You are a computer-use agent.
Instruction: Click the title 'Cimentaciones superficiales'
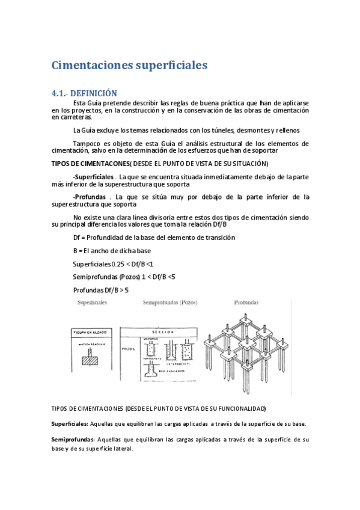pos(129,64)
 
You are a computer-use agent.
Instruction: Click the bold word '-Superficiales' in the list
pos(94,177)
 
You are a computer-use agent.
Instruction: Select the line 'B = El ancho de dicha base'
pos(112,250)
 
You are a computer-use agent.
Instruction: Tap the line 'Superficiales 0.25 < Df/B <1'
pos(113,263)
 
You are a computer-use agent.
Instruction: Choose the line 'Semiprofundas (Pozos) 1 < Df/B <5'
pos(124,277)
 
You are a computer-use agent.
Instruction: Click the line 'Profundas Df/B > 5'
pos(100,290)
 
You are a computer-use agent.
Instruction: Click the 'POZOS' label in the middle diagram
pos(128,348)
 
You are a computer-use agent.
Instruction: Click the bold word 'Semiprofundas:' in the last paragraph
pos(73,440)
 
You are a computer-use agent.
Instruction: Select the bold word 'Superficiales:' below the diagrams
pos(70,424)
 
